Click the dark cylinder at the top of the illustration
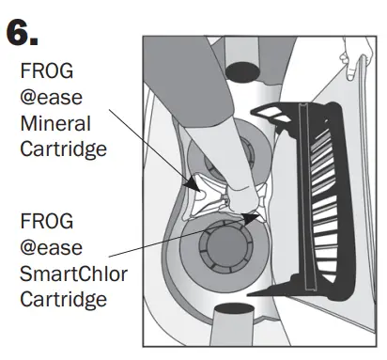click(x=242, y=69)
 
